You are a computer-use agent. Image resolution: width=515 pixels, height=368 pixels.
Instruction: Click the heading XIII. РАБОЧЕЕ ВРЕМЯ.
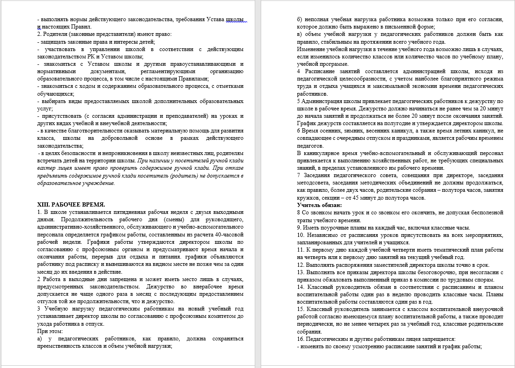[71, 204]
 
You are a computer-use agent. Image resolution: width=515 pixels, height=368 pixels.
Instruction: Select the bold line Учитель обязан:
[319, 205]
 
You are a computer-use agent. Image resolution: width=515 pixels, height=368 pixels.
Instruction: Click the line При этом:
[50, 331]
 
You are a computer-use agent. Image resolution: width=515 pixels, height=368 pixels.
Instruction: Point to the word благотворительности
[91, 131]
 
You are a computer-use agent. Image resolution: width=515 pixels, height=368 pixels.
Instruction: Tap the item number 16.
[301, 339]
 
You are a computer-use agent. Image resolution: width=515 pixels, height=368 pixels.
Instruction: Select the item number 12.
[301, 264]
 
